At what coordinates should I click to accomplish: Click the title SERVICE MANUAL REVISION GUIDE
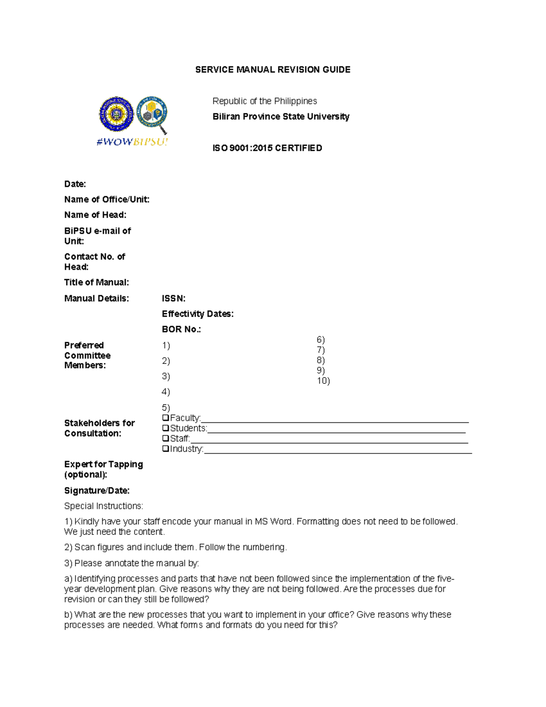(x=273, y=70)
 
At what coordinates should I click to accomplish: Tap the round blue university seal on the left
(x=116, y=113)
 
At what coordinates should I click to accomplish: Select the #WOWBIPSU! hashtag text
(x=132, y=142)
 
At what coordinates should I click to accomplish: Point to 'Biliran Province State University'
(x=281, y=117)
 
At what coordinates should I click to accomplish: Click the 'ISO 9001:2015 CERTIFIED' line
(x=267, y=148)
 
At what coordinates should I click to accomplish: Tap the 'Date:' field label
(x=75, y=184)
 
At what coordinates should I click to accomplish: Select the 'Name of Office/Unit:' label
(x=106, y=199)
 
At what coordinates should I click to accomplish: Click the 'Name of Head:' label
(x=95, y=215)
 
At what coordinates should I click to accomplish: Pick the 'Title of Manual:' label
(x=96, y=282)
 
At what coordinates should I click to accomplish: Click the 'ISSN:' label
(x=173, y=299)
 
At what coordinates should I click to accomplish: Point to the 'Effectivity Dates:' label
(x=197, y=314)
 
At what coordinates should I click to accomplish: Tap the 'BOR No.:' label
(x=181, y=329)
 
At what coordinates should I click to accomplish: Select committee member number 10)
(x=323, y=381)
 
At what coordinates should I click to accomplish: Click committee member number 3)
(x=166, y=376)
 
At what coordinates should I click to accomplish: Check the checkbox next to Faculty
(x=166, y=417)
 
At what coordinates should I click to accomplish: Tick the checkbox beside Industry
(x=166, y=448)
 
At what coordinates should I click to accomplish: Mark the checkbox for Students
(x=166, y=428)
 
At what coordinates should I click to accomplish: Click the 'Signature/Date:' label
(x=96, y=490)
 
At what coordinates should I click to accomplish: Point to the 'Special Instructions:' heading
(x=103, y=506)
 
